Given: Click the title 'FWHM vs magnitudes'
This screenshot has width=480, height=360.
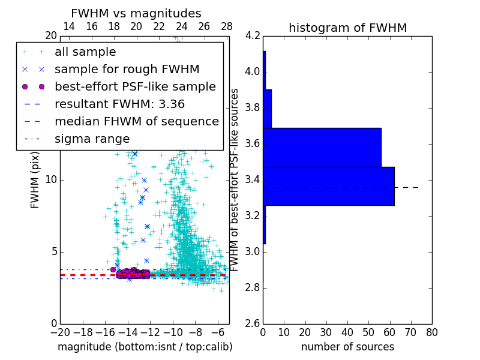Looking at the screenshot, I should pyautogui.click(x=136, y=14).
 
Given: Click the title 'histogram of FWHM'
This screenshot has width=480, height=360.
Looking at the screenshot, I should pyautogui.click(x=347, y=28).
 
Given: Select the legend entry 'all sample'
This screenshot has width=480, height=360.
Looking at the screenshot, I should pyautogui.click(x=85, y=52).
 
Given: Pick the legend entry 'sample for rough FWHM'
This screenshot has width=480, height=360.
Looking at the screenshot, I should pyautogui.click(x=127, y=70).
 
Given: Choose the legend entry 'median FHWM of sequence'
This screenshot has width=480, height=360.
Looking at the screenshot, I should pyautogui.click(x=136, y=121).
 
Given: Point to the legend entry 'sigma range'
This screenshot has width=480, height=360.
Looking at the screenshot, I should pyautogui.click(x=92, y=139).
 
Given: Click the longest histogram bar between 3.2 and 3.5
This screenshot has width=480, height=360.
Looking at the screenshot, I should pyautogui.click(x=328, y=186).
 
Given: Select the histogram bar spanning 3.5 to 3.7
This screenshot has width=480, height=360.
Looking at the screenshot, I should pyautogui.click(x=322, y=147).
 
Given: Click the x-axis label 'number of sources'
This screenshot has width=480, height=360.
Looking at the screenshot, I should pyautogui.click(x=347, y=347).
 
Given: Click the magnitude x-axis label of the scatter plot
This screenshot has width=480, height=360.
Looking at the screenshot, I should pyautogui.click(x=145, y=347).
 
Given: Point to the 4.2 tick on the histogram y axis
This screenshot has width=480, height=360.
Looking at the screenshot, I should pyautogui.click(x=252, y=36).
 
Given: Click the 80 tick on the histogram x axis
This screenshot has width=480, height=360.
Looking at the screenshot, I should pyautogui.click(x=431, y=331).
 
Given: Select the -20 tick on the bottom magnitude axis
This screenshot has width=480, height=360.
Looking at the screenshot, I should pyautogui.click(x=60, y=331).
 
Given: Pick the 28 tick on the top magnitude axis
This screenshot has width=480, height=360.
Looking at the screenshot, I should pyautogui.click(x=226, y=27).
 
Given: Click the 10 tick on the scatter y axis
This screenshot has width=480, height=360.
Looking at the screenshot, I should pyautogui.click(x=51, y=180).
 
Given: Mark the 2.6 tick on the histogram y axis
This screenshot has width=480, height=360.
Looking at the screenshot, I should pyautogui.click(x=252, y=323).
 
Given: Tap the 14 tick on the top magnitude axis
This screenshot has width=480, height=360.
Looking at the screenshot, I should pyautogui.click(x=69, y=27).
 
